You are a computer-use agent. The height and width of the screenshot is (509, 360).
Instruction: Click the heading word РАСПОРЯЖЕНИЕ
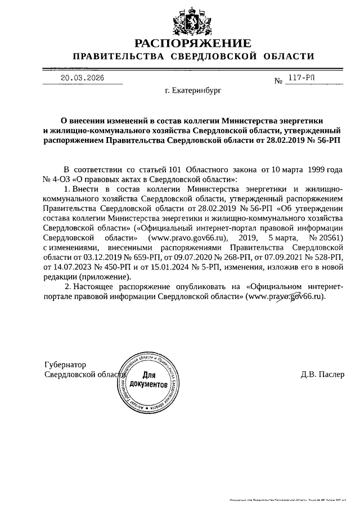pyautogui.click(x=192, y=43)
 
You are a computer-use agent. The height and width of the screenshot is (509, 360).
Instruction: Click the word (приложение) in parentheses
pyautogui.click(x=104, y=278)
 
